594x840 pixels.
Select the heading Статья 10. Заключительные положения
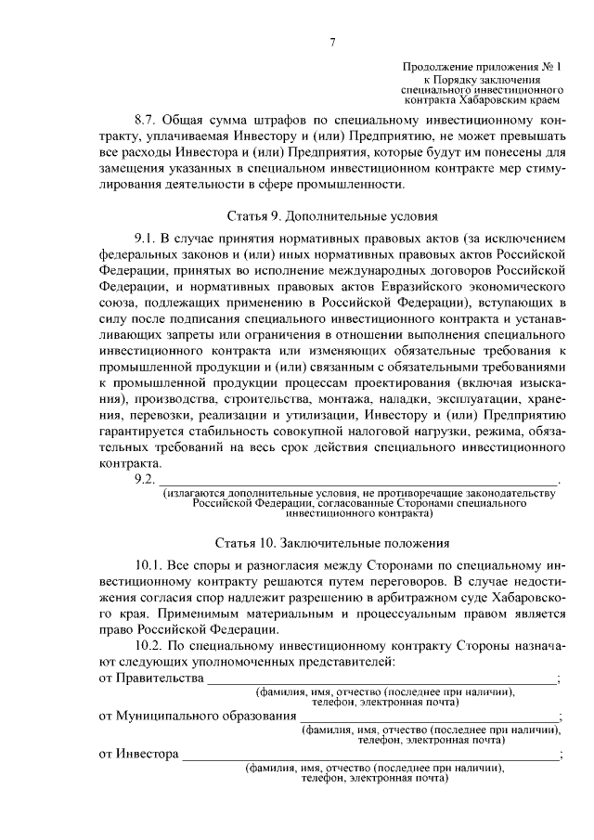pos(331,544)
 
